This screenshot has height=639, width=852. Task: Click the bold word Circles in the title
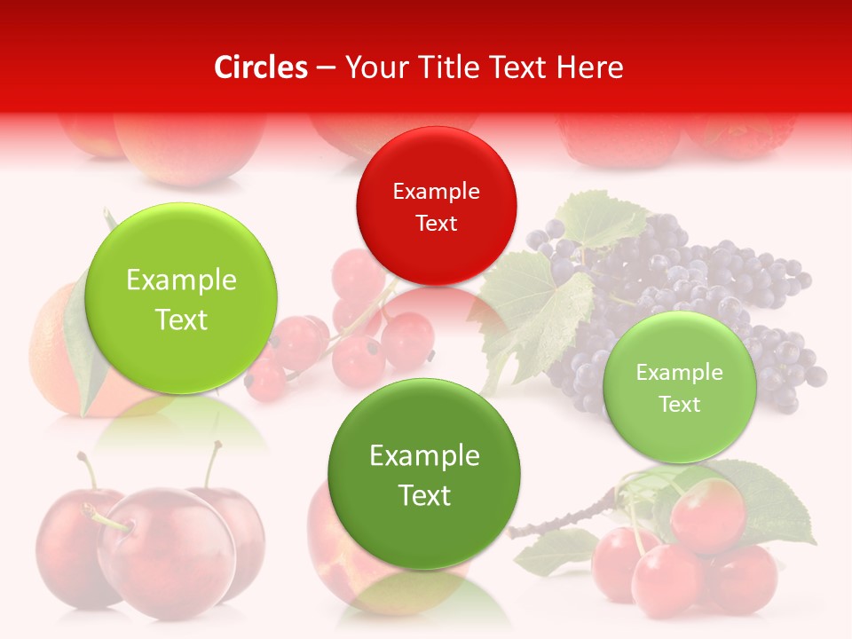(260, 67)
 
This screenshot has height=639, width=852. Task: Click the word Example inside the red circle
(436, 191)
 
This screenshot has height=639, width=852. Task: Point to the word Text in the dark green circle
(424, 495)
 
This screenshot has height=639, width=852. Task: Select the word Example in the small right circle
(679, 373)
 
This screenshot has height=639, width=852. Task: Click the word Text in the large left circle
(181, 319)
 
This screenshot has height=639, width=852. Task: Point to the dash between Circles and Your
(326, 67)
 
